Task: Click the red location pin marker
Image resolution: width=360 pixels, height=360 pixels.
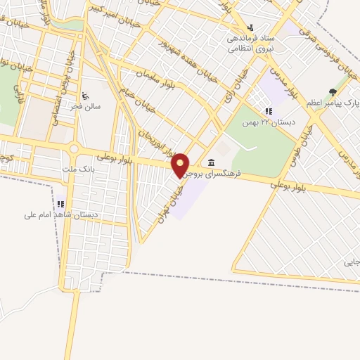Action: (181, 165)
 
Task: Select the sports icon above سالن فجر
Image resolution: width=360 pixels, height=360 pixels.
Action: (86, 94)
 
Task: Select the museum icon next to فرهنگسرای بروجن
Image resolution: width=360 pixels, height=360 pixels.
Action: (212, 162)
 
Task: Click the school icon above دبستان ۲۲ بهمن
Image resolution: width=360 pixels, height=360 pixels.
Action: (268, 110)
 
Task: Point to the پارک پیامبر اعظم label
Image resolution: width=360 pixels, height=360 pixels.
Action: (333, 103)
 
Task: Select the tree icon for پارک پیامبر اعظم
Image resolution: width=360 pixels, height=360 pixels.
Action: (333, 92)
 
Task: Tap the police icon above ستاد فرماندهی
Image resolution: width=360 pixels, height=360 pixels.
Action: (250, 27)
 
